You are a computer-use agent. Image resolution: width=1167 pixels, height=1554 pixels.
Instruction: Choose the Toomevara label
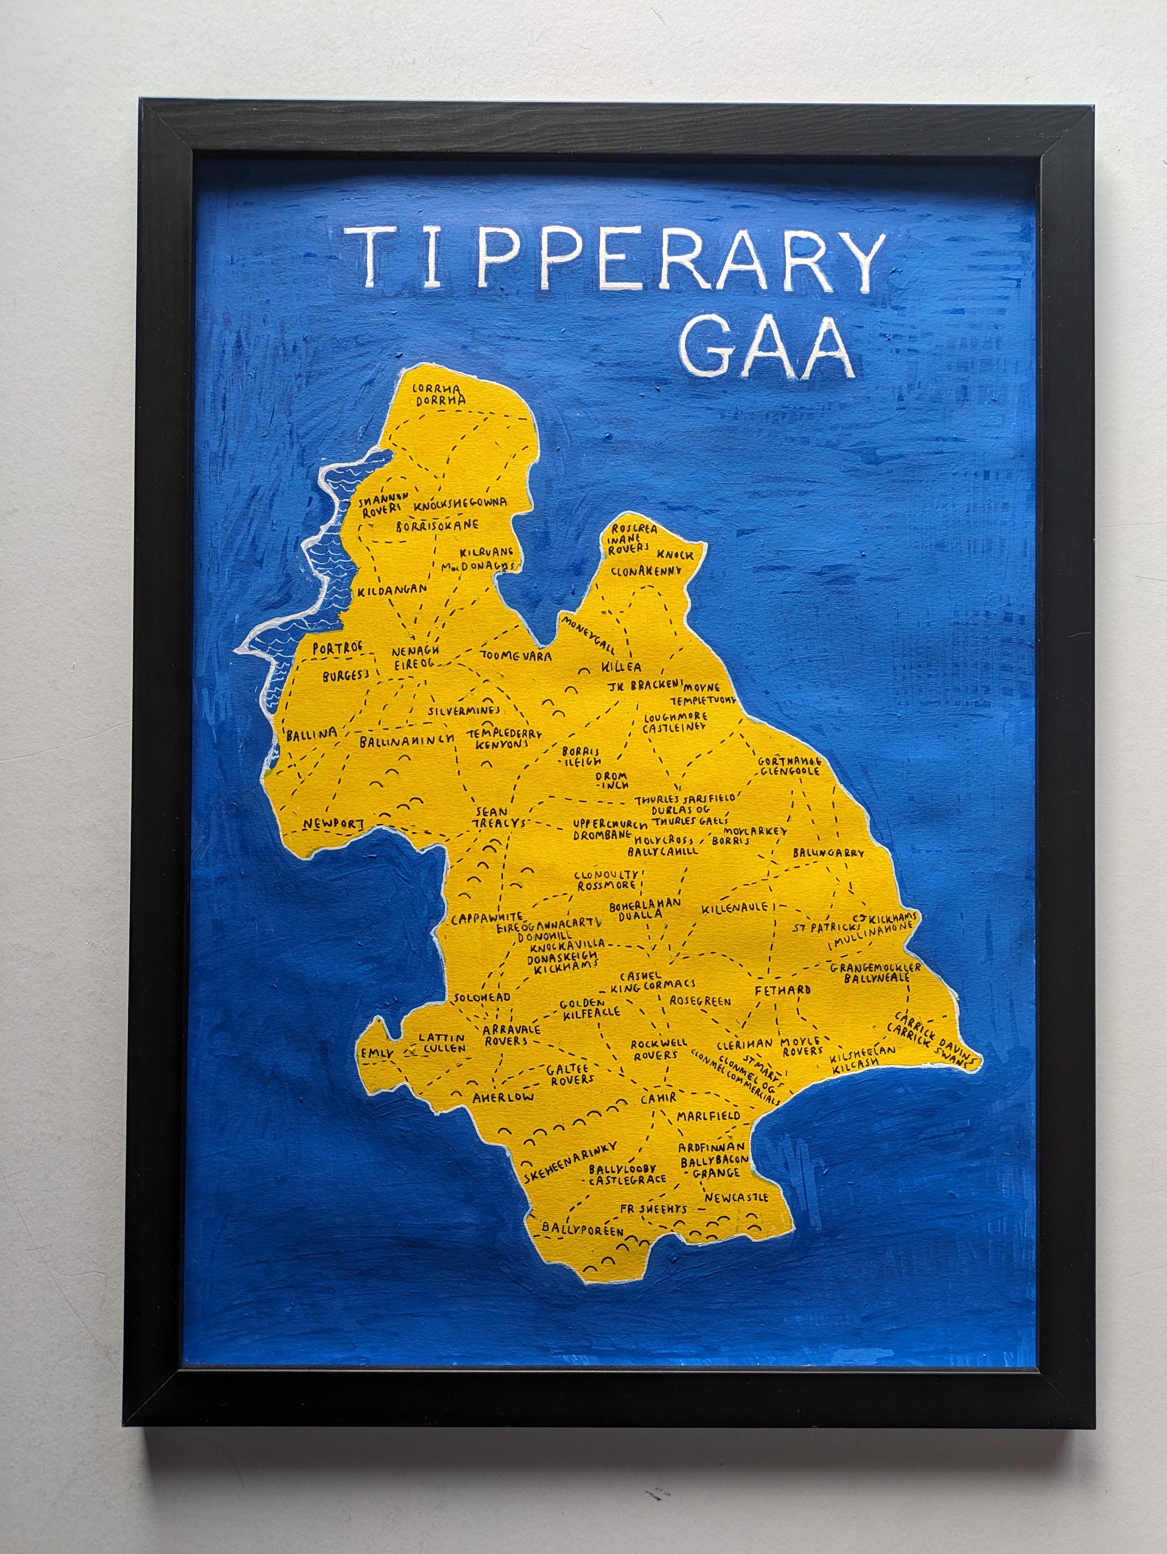(516, 656)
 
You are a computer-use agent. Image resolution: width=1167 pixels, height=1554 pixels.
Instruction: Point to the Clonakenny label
(646, 571)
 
